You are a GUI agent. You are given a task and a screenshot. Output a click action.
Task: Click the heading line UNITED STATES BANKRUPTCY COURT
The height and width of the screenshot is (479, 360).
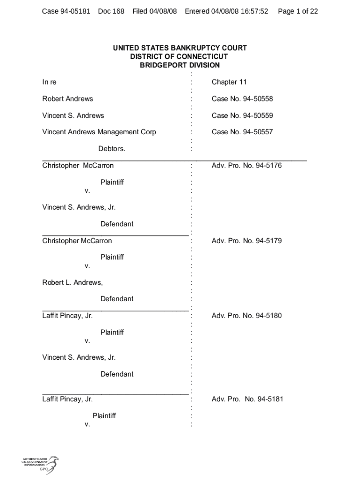(180, 48)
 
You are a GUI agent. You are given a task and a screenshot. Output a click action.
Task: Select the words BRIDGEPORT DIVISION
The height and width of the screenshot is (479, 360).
(180, 65)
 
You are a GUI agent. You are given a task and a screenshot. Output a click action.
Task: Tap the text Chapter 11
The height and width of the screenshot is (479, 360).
(229, 82)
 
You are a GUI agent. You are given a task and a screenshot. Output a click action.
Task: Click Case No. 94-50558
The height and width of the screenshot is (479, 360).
(242, 99)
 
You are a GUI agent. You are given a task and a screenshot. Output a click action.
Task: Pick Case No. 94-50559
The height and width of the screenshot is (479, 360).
(242, 116)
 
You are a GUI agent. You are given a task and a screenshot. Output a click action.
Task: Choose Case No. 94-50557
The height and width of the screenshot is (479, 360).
(242, 132)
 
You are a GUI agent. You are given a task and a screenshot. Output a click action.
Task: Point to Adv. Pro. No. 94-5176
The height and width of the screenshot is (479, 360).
(246, 166)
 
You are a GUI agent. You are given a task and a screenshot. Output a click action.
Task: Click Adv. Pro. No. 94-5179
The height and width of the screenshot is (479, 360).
(246, 241)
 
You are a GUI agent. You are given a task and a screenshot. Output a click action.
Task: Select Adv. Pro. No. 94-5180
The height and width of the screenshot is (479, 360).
(246, 316)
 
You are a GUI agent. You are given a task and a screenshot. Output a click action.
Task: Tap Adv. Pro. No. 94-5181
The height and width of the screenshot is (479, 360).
(247, 399)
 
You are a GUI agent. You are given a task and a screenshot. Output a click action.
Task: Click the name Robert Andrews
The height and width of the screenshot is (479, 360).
(68, 99)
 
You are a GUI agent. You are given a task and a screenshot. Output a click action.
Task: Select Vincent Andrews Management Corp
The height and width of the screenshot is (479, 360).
(99, 132)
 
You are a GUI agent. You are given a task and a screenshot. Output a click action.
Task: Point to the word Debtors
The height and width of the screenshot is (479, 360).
(112, 149)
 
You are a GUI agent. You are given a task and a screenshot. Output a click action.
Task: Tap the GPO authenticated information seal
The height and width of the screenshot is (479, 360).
(40, 465)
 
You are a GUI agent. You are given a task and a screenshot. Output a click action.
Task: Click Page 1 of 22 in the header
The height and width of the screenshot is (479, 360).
(297, 11)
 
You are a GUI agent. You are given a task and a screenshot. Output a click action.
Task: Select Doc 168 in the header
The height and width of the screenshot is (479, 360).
(111, 11)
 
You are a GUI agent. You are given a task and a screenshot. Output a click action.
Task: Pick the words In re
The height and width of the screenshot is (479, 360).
(49, 82)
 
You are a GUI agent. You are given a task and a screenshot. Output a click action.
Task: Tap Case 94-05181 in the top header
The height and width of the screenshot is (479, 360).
(66, 11)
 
